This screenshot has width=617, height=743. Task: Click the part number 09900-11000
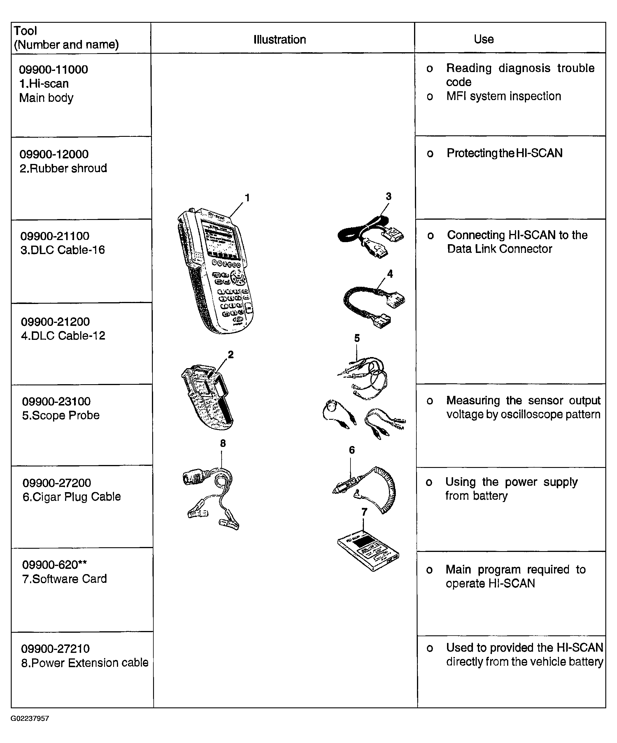(53, 69)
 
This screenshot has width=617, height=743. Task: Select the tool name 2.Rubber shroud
(63, 168)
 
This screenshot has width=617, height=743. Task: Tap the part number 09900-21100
(55, 236)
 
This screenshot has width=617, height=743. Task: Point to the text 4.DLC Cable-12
(63, 335)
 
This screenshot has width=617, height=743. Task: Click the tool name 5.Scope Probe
(61, 415)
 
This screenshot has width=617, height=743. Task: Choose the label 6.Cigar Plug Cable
(72, 497)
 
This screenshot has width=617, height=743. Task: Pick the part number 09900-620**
(55, 565)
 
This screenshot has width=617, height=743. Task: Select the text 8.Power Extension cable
(85, 663)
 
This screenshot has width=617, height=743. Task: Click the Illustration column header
(280, 39)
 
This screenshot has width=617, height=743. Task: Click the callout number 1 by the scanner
(248, 198)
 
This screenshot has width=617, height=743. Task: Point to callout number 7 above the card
(364, 512)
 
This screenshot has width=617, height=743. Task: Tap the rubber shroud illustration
(207, 397)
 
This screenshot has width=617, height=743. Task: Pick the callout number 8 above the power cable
(223, 443)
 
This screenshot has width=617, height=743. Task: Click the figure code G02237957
(30, 718)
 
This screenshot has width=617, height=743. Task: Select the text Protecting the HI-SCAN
(504, 153)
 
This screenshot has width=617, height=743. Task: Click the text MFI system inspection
(504, 96)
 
